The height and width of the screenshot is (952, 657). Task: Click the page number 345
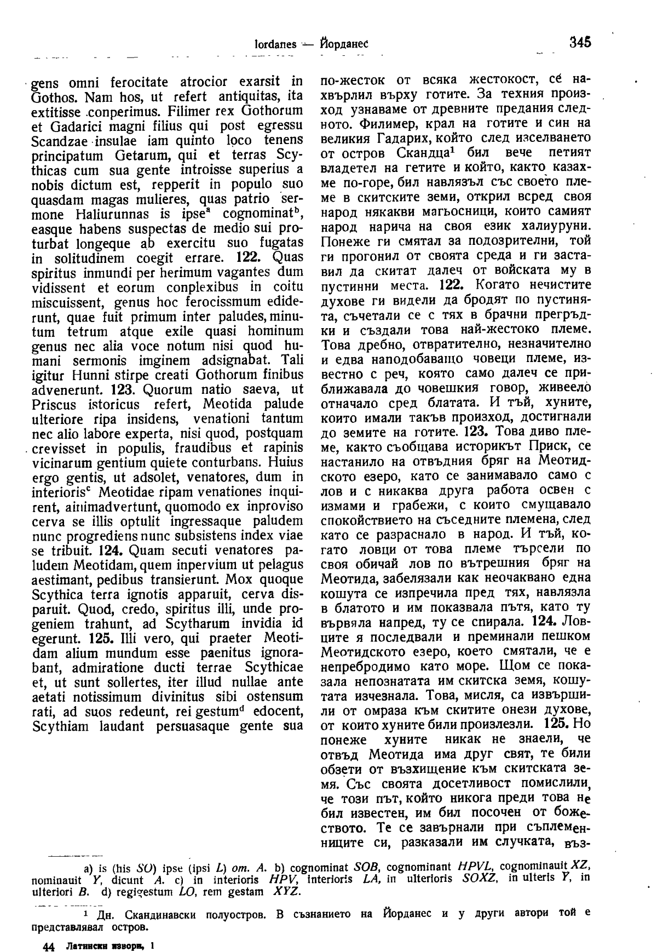[x=580, y=42]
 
